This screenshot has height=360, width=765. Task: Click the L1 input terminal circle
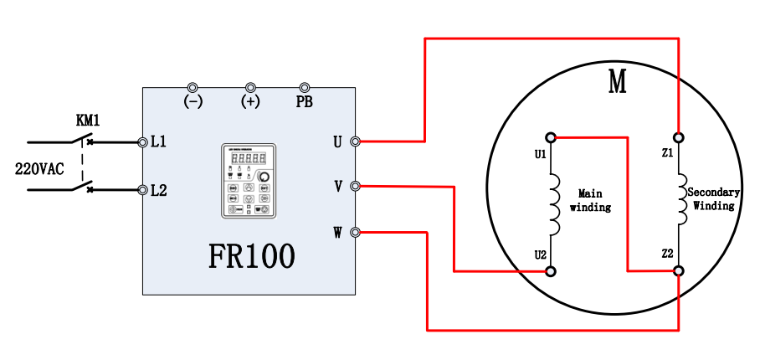pyautogui.click(x=142, y=142)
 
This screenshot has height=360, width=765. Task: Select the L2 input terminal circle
pyautogui.click(x=142, y=190)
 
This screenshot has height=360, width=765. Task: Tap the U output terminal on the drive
pyautogui.click(x=355, y=142)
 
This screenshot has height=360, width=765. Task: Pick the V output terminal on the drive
pyautogui.click(x=355, y=186)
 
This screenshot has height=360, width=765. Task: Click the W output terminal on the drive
pyautogui.click(x=355, y=232)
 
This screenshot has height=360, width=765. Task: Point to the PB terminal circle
pyautogui.click(x=305, y=88)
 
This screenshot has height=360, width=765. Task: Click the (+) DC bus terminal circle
pyautogui.click(x=249, y=88)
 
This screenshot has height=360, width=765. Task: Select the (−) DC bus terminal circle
pyautogui.click(x=193, y=88)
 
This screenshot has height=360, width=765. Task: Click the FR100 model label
pyautogui.click(x=251, y=256)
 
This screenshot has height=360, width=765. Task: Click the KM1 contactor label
pyautogui.click(x=87, y=121)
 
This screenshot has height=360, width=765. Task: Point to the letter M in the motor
pyautogui.click(x=618, y=82)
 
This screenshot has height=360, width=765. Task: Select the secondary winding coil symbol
pyautogui.click(x=681, y=201)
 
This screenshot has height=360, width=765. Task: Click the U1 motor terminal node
pyautogui.click(x=551, y=136)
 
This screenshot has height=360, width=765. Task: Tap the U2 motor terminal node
pyautogui.click(x=551, y=271)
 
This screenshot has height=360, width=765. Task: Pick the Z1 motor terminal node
pyautogui.click(x=678, y=136)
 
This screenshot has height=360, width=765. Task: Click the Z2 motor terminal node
pyautogui.click(x=678, y=271)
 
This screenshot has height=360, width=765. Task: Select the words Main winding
pyautogui.click(x=590, y=200)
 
